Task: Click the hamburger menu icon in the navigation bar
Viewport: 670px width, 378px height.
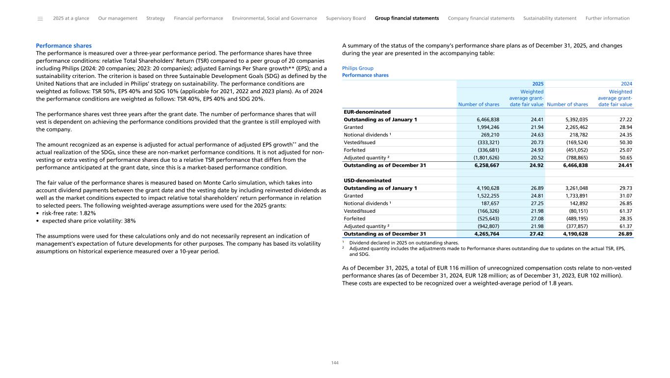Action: point(40,19)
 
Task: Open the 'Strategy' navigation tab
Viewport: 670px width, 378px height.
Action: point(156,18)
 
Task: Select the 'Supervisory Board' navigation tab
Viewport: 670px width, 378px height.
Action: point(346,18)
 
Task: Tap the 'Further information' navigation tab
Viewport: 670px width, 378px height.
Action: point(607,18)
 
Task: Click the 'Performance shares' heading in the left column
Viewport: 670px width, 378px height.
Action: point(64,46)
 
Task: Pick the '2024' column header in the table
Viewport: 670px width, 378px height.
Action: point(627,84)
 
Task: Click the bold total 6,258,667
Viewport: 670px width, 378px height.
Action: point(487,165)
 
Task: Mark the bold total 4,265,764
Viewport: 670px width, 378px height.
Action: point(487,234)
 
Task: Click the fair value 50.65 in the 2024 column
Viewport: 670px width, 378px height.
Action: point(625,157)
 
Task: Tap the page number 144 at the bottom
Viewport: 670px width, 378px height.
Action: point(335,363)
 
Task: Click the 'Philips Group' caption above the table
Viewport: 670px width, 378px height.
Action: point(357,68)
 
